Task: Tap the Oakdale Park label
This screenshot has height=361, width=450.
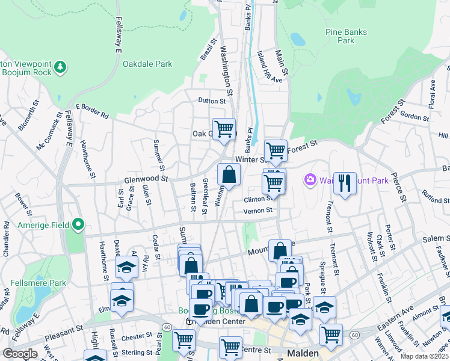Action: pos(147,64)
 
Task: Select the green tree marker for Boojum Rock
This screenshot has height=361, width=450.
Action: pos(60,66)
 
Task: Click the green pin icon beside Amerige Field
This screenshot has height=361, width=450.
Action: pos(78,225)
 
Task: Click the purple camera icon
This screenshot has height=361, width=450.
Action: pos(310,179)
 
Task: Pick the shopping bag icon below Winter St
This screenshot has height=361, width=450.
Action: pos(229,175)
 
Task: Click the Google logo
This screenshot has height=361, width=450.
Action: pos(20,354)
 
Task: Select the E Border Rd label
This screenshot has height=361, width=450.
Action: pos(91,110)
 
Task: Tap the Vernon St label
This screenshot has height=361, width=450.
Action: pos(258,211)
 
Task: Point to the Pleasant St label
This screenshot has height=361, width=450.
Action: pos(64,330)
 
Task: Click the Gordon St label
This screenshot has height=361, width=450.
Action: pos(413,116)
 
